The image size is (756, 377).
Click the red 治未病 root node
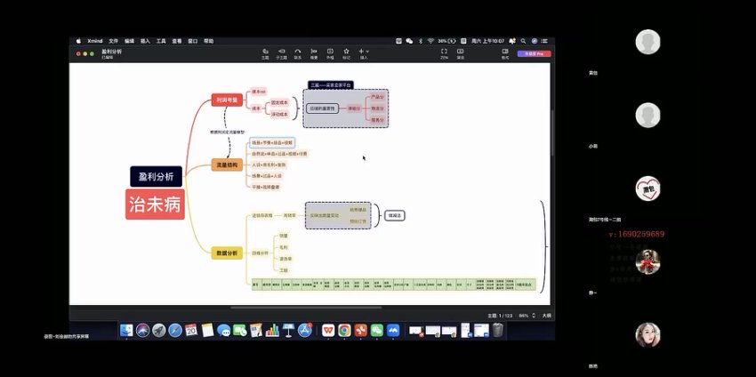[155, 205]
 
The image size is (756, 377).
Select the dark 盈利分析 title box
[155, 176]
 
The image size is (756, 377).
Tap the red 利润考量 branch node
[227, 100]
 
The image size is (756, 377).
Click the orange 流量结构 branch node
[227, 164]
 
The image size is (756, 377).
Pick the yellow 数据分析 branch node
[227, 253]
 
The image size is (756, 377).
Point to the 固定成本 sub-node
[280, 103]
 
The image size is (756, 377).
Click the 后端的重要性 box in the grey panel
[321, 108]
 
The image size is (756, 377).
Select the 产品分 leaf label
[378, 97]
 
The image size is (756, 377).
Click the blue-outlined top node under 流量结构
[270, 142]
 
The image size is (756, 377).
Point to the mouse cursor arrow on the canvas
[363, 157]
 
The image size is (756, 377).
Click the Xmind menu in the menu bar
[93, 41]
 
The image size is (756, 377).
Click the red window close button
[77, 53]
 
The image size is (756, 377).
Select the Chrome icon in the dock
[344, 330]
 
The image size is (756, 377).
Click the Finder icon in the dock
[127, 330]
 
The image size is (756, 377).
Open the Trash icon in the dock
[498, 330]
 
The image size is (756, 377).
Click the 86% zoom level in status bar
[524, 316]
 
